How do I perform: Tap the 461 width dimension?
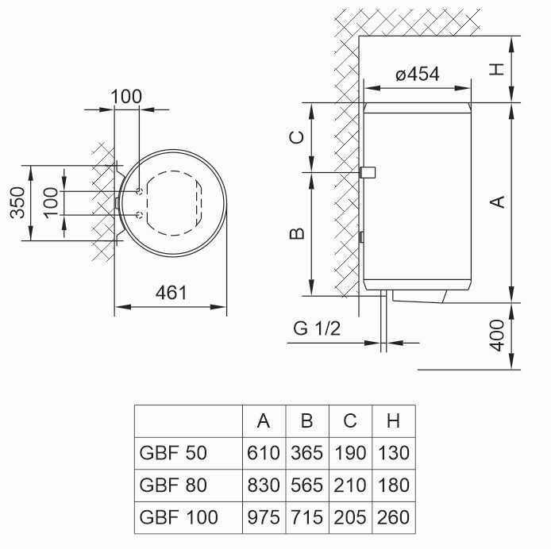[171, 293]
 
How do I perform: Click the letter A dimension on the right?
[498, 202]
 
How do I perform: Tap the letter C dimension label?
[296, 136]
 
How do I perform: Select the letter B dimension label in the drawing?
[296, 233]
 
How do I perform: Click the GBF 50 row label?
[174, 454]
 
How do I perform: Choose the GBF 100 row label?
[178, 517]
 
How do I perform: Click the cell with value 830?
[264, 486]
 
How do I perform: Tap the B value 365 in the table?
[306, 454]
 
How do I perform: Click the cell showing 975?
[264, 517]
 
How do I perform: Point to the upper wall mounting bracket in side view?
[368, 172]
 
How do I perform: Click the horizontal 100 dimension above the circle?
[126, 97]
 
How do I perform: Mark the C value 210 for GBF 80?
[349, 486]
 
